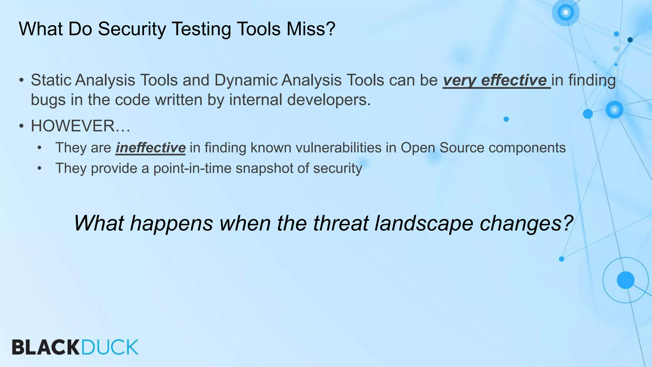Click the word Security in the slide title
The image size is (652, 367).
[132, 29]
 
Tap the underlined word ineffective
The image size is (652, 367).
[150, 148]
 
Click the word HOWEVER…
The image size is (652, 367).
[80, 126]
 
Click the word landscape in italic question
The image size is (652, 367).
[424, 223]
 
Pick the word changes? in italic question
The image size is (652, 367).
[526, 223]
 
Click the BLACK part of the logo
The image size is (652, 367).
[46, 347]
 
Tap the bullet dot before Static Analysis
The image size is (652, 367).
[21, 80]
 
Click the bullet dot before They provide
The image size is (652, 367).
[39, 168]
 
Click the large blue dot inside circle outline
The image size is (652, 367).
[625, 280]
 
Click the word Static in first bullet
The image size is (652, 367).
[51, 80]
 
